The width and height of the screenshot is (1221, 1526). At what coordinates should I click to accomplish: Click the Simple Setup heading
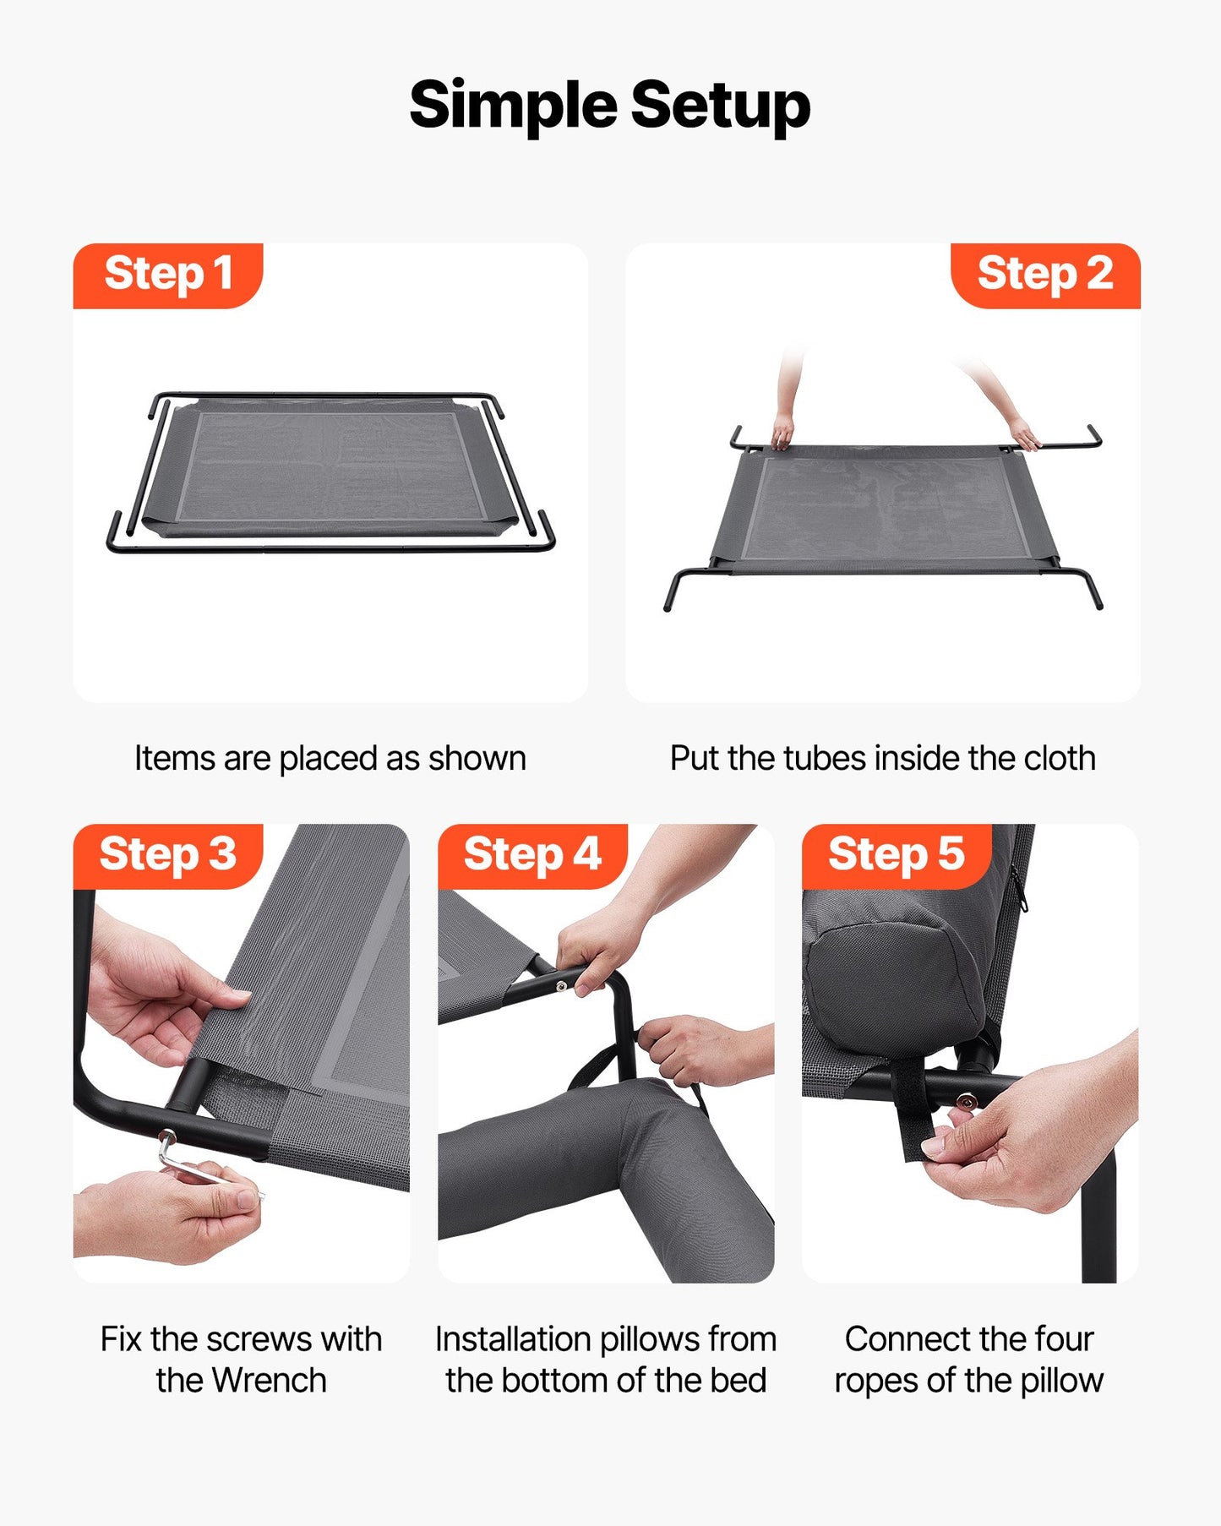tap(610, 105)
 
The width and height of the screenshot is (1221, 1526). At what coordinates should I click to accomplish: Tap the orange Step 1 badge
tap(168, 275)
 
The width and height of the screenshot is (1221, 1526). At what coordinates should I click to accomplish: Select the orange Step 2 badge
tap(1045, 275)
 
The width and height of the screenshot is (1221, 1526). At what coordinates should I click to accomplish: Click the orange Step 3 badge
tap(168, 855)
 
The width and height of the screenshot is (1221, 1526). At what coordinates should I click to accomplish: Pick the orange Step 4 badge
tap(532, 855)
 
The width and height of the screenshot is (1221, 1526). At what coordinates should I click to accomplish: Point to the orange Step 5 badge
tap(897, 855)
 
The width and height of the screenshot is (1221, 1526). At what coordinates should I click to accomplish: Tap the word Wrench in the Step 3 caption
tap(269, 1381)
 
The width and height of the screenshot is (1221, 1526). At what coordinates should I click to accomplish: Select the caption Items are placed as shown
tap(330, 759)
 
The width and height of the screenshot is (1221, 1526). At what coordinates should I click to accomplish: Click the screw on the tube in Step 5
tap(965, 1101)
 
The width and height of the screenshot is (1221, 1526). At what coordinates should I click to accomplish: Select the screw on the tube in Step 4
tap(561, 986)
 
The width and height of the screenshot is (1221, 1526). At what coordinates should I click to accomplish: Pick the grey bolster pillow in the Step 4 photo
tap(591, 1166)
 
